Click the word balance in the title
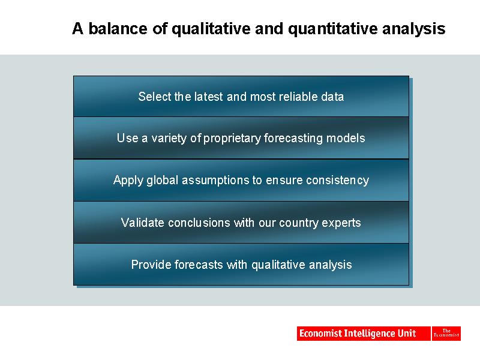coord(118,28)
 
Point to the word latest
coord(208,97)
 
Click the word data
coord(332,97)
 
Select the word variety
coord(169,139)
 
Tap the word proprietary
coord(232,139)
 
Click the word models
coord(346,138)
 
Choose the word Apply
coord(128,181)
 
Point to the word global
coord(162,181)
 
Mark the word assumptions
coord(215,181)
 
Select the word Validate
coord(142,223)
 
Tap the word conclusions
coord(199,223)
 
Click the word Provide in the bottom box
coord(151,265)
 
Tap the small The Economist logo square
coord(446,334)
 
